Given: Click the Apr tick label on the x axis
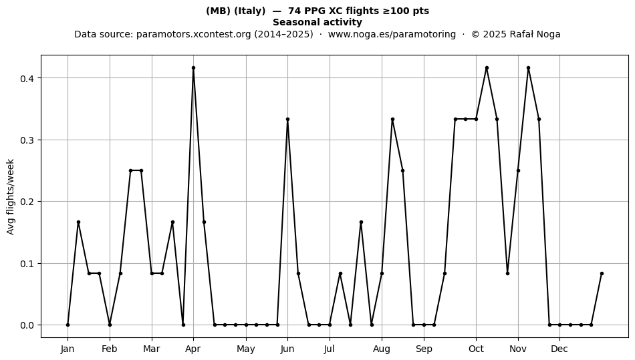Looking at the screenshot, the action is (x=193, y=349).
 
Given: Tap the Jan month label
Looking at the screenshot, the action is (x=68, y=349).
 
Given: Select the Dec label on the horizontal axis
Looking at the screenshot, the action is (x=559, y=349).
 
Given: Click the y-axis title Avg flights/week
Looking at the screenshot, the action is (x=11, y=196).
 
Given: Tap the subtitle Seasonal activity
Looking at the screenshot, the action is (x=317, y=22).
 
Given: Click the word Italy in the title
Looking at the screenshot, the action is (x=249, y=11).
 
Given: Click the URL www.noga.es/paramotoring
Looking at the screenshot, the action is (x=392, y=34).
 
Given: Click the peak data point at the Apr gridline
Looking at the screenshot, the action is (x=194, y=68).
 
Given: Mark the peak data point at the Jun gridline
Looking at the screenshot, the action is (x=287, y=120).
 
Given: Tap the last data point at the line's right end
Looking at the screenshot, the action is (x=602, y=274).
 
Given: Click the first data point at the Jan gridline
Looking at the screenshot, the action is (x=68, y=325).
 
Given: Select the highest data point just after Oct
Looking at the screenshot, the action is (x=487, y=68).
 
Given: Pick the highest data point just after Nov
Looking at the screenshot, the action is (x=529, y=68).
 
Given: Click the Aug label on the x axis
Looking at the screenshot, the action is (x=382, y=349).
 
